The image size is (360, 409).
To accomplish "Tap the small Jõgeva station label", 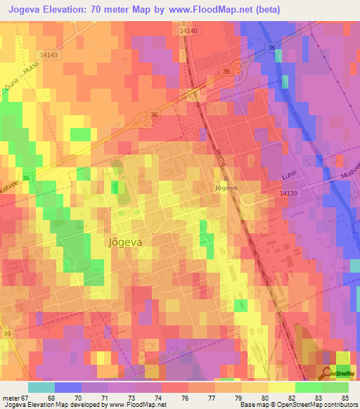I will click(226, 188).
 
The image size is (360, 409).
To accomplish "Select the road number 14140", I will click(189, 31).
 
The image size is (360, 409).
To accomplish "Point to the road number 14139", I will click(289, 193).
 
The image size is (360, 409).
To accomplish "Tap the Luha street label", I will click(306, 178).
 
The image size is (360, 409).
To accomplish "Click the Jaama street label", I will click(219, 157).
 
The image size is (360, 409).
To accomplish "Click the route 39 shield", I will click(7, 334).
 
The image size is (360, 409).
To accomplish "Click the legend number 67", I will click(26, 397).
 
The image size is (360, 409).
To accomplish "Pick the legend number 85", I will click(345, 397).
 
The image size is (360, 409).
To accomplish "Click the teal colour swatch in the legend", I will click(41, 387).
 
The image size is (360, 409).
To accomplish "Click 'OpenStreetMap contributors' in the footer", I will click(318, 405).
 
